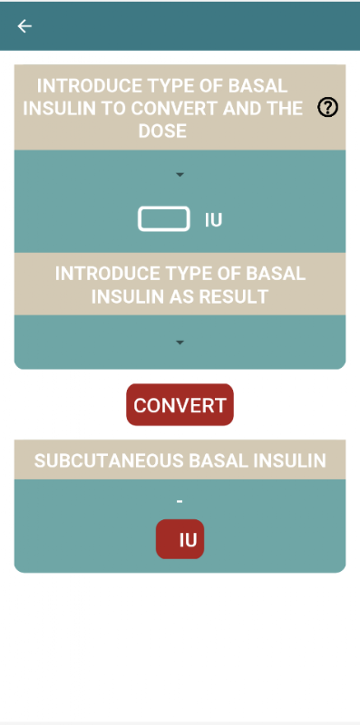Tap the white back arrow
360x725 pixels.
24,26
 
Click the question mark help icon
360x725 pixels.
327,108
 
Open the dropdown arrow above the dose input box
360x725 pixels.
180,175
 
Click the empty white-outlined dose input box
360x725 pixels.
164,218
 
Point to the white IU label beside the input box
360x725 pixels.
213,220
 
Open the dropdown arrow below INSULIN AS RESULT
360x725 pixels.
180,343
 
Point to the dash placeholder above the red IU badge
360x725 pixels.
180,501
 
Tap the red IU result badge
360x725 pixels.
180,539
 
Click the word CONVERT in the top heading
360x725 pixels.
174,109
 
